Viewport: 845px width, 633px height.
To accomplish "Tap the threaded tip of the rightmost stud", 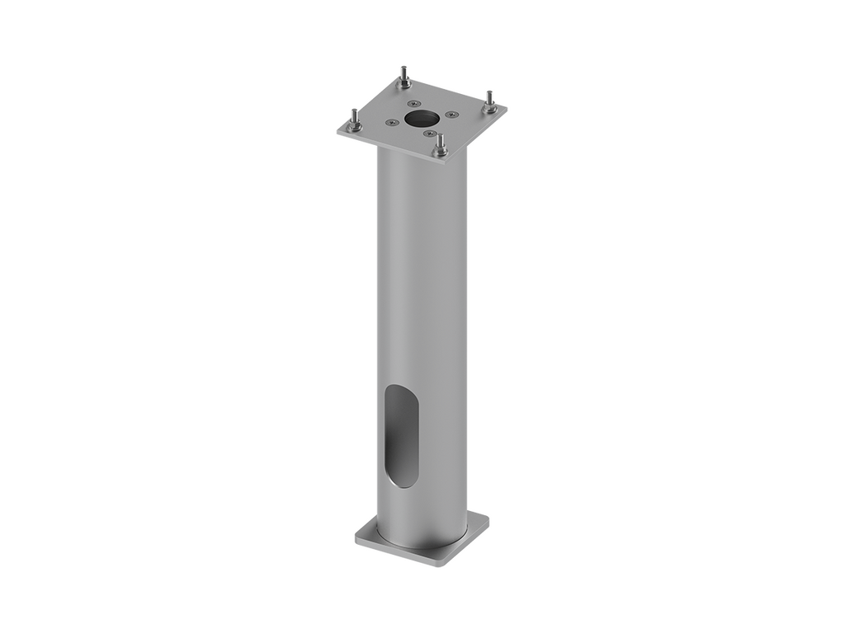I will (489, 92).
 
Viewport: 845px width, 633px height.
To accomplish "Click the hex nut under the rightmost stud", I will (490, 107).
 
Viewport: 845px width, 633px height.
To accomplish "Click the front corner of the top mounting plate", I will (446, 162).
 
